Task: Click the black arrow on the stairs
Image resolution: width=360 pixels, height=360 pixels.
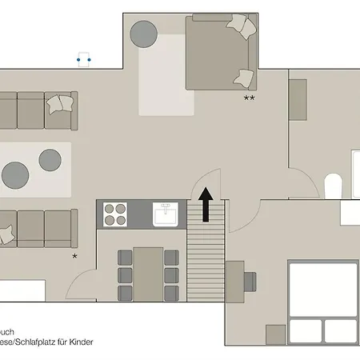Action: point(206,205)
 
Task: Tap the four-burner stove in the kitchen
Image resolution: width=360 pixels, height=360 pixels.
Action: point(115,214)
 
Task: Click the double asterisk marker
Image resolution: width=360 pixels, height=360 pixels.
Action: point(249,98)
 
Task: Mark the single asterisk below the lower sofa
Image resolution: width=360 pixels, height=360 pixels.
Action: point(74,255)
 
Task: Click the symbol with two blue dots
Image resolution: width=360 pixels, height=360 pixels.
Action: point(83,59)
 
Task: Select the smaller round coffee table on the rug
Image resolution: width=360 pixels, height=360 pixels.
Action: point(50,158)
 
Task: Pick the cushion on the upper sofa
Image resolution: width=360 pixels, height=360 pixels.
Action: point(58,103)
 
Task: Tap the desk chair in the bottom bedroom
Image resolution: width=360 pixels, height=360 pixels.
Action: point(249,281)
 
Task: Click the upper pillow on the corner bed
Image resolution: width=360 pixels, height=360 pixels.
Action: point(242,26)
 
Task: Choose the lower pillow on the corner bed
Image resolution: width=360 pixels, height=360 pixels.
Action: point(244,78)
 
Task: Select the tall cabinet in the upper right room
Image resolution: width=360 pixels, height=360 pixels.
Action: point(298,100)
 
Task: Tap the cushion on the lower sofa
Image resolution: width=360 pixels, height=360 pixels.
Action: point(6,234)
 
